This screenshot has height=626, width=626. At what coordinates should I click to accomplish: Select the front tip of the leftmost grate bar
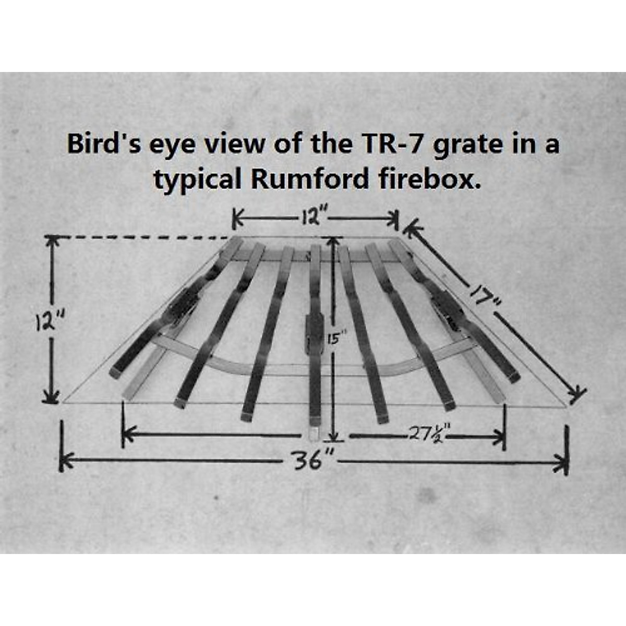tap(116, 372)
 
